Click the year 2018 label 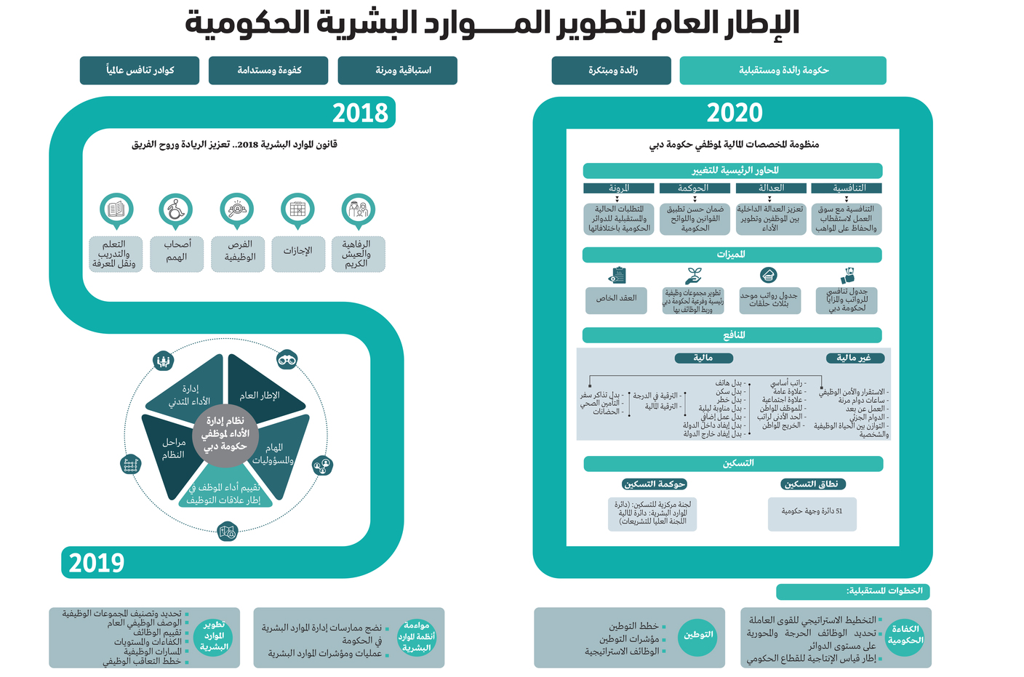360,113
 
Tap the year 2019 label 96,563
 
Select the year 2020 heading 735,113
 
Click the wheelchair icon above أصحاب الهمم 176,209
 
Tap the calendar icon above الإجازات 297,209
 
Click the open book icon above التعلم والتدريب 116,209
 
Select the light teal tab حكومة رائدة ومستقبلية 783,71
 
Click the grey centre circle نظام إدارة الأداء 225,433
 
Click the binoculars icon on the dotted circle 287,359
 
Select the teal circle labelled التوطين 697,636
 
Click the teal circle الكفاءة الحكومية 905,636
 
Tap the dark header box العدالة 770,188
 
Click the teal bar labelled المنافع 732,335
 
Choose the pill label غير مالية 854,358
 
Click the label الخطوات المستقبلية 852,591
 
